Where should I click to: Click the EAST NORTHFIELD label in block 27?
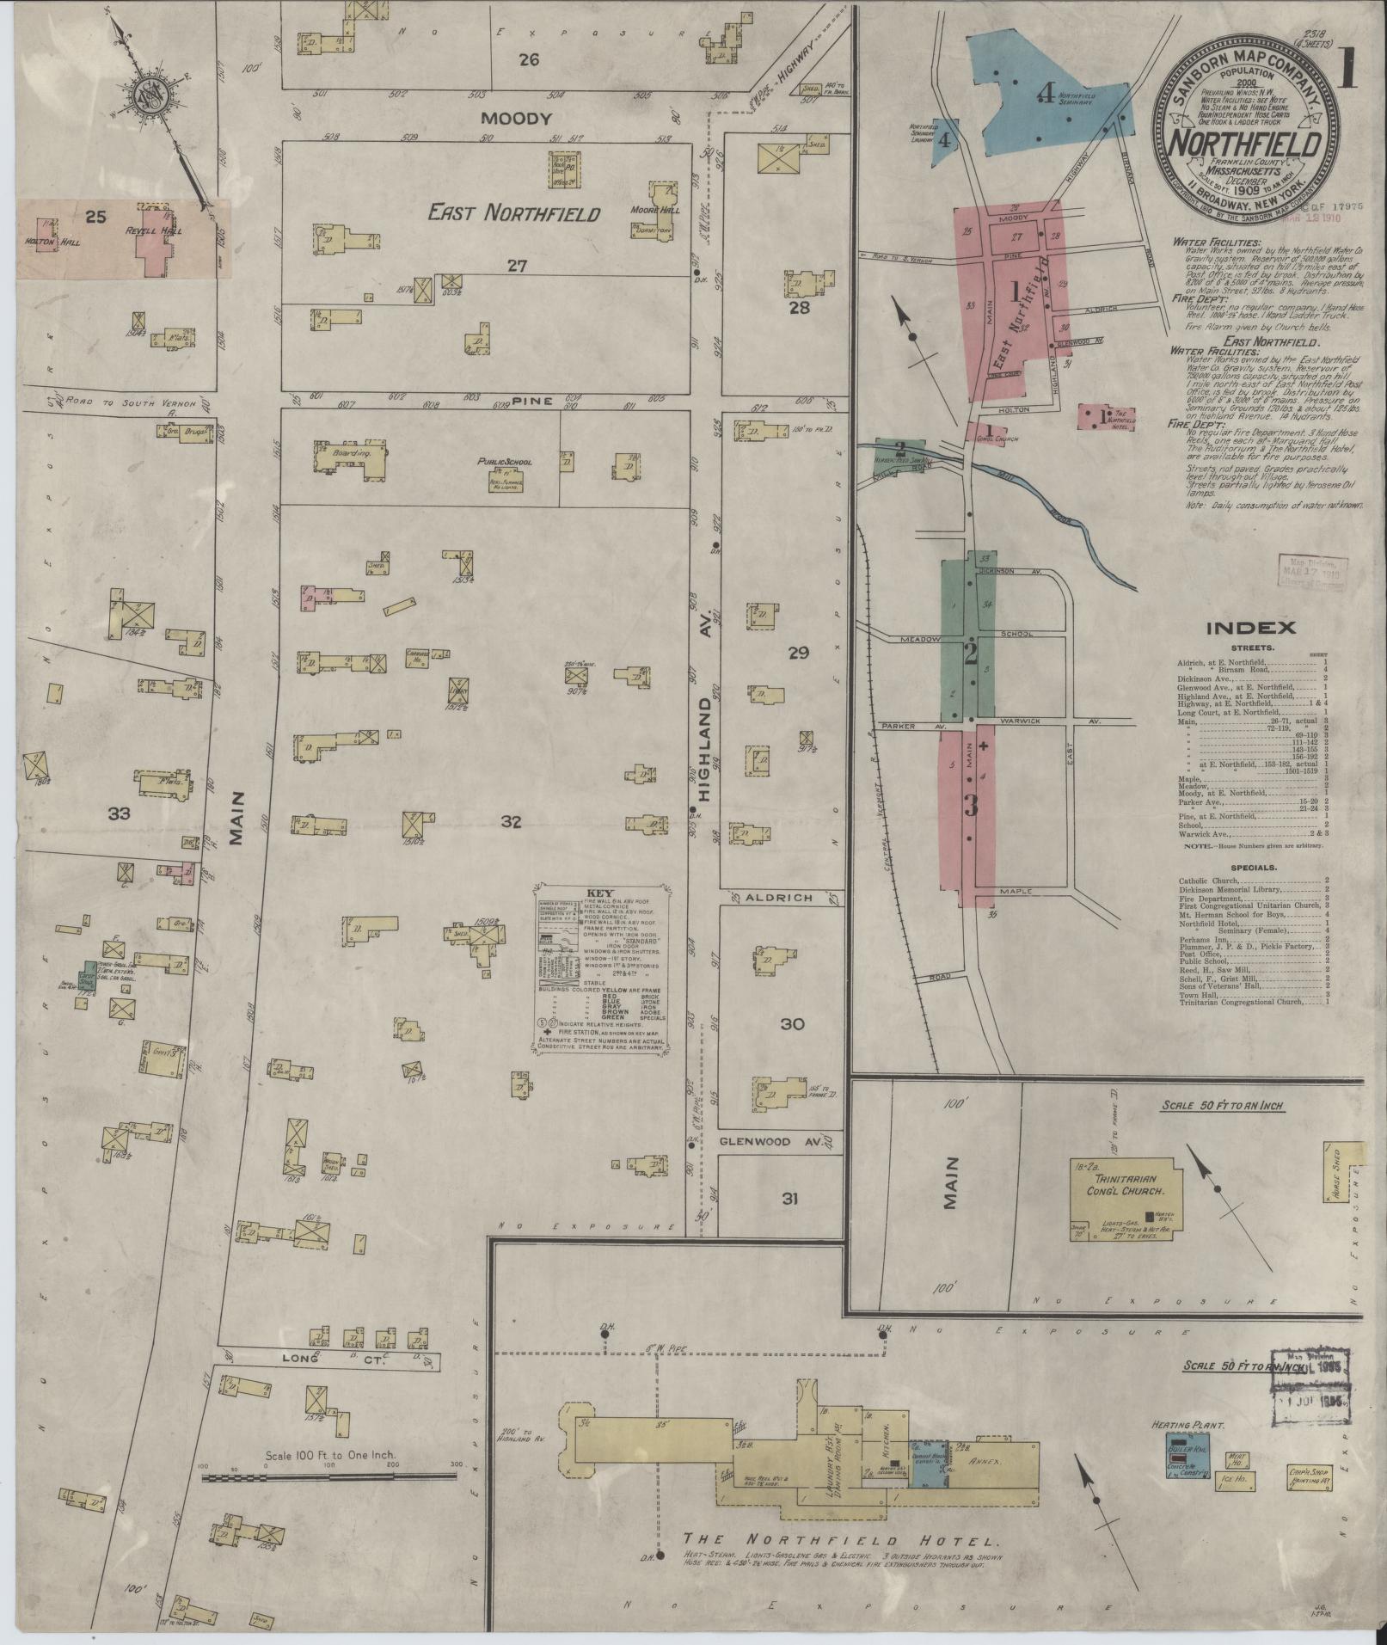coord(513,213)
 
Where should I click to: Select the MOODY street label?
coord(515,119)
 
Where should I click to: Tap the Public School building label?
coord(506,462)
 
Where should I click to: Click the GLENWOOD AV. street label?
coord(772,1141)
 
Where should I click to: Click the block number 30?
coord(791,1024)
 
